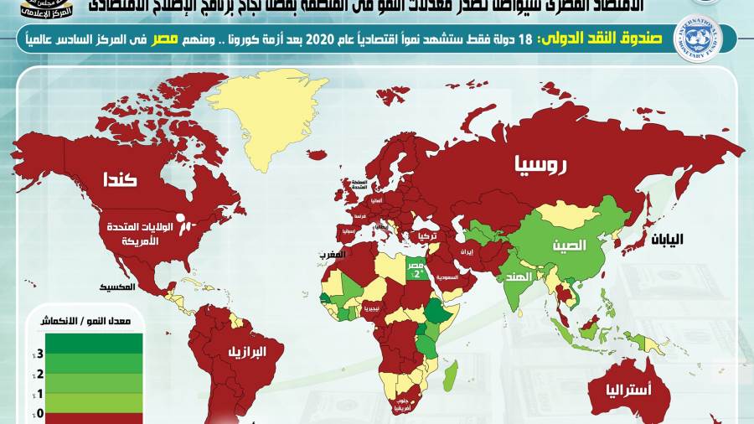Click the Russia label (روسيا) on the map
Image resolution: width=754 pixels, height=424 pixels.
pyautogui.click(x=540, y=166)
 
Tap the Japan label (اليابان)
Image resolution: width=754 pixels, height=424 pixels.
pyautogui.click(x=664, y=239)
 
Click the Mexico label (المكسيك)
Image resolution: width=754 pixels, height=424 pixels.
pyautogui.click(x=116, y=287)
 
